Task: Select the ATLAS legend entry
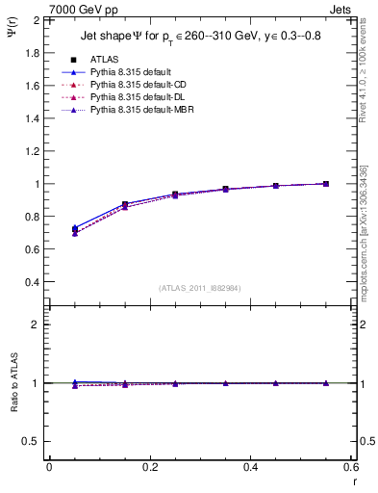click(x=105, y=60)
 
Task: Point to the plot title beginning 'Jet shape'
click(x=197, y=38)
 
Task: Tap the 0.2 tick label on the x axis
click(x=149, y=467)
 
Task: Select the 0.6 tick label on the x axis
click(x=351, y=467)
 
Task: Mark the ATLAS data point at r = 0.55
click(x=326, y=184)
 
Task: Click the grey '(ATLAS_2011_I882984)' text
click(x=199, y=288)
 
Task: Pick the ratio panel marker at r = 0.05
click(x=75, y=383)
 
